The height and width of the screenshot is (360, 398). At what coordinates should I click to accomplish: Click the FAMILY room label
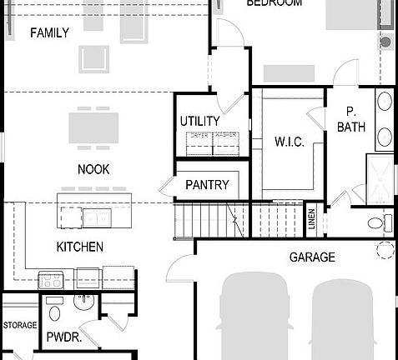(x=49, y=33)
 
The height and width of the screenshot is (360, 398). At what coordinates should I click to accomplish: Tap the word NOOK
(x=93, y=169)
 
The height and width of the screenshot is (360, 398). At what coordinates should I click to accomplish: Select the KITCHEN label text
(x=79, y=247)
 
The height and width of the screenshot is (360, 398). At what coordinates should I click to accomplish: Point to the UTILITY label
(x=200, y=122)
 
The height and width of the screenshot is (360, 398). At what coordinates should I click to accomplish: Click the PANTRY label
(x=207, y=185)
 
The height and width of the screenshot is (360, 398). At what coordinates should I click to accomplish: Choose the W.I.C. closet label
(x=289, y=142)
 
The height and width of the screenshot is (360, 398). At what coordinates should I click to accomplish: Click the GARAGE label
(x=312, y=257)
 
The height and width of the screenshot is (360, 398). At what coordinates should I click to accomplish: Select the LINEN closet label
(x=312, y=219)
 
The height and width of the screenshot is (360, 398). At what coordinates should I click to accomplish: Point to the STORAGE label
(x=19, y=325)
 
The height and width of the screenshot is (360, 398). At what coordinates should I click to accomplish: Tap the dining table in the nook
(x=93, y=128)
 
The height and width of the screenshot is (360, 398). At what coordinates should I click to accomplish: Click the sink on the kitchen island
(x=95, y=217)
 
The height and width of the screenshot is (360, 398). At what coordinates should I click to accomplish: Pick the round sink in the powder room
(x=83, y=302)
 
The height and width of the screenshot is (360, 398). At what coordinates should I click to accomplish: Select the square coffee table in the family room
(x=94, y=59)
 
